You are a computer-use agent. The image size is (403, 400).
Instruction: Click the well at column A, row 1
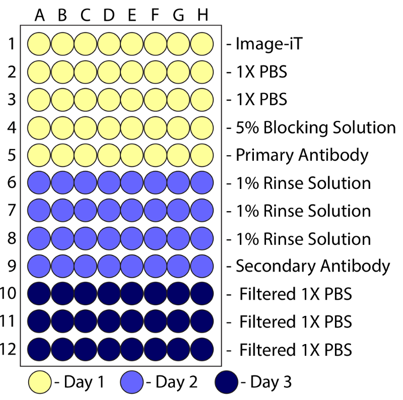[39, 44]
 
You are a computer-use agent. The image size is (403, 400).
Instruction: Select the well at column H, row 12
[202, 349]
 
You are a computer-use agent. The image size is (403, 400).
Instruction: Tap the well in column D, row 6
[109, 182]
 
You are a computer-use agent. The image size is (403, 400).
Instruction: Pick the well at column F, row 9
[156, 265]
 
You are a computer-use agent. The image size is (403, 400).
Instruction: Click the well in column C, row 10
[86, 293]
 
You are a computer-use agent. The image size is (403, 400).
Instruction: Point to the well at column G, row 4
[179, 127]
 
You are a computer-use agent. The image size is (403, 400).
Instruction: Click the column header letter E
[132, 16]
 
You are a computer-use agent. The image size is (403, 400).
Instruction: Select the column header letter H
[202, 16]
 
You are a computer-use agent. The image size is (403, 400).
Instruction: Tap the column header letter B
[62, 16]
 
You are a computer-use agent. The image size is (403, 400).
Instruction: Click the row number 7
[12, 210]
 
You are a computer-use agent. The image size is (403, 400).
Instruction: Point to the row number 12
[10, 349]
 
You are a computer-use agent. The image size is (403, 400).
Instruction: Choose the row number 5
[12, 155]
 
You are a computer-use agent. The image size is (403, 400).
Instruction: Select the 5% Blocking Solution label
[315, 127]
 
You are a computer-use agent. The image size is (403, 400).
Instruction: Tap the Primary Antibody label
[302, 155]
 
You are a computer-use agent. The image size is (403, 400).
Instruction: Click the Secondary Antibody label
[312, 265]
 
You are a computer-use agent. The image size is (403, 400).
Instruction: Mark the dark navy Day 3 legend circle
[227, 382]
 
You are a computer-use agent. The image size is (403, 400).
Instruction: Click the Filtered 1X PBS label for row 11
[295, 321]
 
